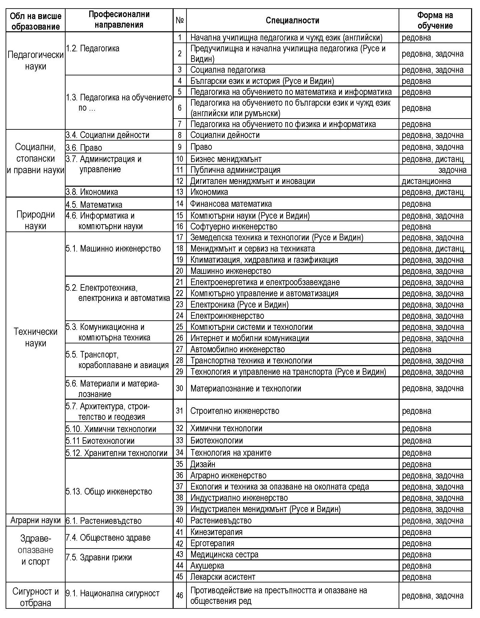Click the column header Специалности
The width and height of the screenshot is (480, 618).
tap(292, 20)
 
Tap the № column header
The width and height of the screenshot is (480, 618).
tap(180, 20)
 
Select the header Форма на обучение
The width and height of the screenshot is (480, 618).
tap(435, 20)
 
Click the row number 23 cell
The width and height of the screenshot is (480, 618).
tap(180, 305)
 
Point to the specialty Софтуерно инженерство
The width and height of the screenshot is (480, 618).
tap(234, 227)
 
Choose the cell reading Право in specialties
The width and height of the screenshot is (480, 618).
tap(201, 147)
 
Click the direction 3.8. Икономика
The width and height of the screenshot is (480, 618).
tap(92, 192)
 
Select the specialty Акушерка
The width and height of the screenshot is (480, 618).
tap(207, 566)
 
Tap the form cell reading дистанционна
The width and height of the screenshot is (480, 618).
tap(426, 181)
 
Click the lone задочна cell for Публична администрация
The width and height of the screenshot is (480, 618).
tap(452, 170)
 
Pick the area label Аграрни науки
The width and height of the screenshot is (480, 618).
tap(36, 520)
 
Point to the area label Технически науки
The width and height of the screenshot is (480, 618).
tap(36, 337)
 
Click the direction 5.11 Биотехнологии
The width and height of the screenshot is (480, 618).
tap(100, 441)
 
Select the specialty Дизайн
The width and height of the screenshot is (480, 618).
tap(203, 464)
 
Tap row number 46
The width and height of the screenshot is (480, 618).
tap(180, 595)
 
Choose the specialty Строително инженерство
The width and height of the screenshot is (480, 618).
tap(235, 411)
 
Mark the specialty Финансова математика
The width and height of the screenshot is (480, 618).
tap(231, 204)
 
